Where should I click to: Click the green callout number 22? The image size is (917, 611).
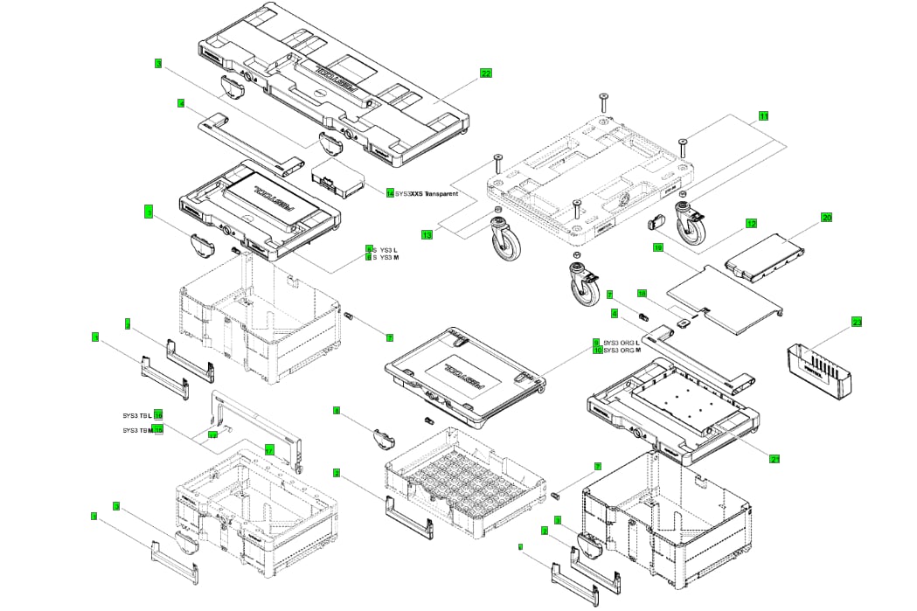click(486, 73)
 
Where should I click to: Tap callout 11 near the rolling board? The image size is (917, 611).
click(763, 115)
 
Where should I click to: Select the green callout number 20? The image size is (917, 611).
click(826, 216)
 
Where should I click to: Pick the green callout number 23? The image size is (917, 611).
click(857, 323)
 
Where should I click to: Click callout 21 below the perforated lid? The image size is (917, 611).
click(775, 458)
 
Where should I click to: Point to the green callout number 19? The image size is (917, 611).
click(657, 248)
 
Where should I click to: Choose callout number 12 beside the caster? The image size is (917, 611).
click(751, 223)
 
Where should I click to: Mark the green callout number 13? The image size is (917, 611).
click(427, 234)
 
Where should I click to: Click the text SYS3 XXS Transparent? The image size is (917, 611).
click(427, 193)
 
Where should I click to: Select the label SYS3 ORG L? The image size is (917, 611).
click(622, 342)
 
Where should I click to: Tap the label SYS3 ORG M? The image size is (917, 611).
click(622, 351)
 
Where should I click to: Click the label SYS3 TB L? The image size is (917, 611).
click(137, 414)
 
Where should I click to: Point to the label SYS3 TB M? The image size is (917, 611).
click(137, 430)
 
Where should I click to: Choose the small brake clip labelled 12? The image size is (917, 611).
click(657, 223)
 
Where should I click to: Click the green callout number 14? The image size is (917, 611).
click(390, 193)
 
